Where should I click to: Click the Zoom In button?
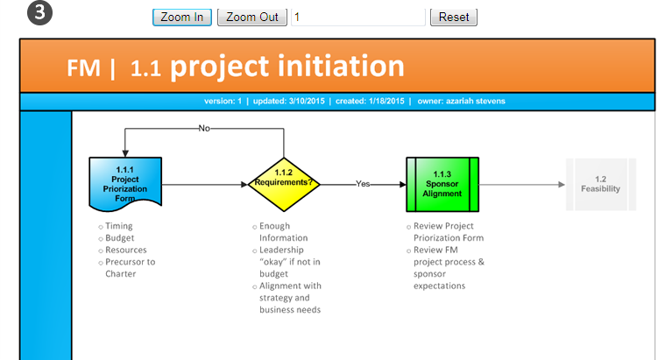pyautogui.click(x=182, y=18)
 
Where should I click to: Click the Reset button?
pyautogui.click(x=454, y=18)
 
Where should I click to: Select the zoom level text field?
pyautogui.click(x=358, y=18)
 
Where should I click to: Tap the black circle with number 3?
pyautogui.click(x=40, y=12)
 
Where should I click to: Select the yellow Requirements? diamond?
pyautogui.click(x=284, y=184)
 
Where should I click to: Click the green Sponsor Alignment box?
pyautogui.click(x=442, y=184)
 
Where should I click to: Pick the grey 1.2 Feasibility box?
pyautogui.click(x=601, y=184)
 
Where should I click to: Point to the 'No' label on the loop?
pyautogui.click(x=204, y=129)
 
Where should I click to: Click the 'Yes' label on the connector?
pyautogui.click(x=363, y=184)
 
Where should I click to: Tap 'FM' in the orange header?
pyautogui.click(x=83, y=68)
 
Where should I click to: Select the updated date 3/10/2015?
pyautogui.click(x=307, y=101)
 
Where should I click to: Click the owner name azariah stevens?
pyautogui.click(x=476, y=101)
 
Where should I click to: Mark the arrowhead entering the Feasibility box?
pyautogui.click(x=562, y=185)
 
